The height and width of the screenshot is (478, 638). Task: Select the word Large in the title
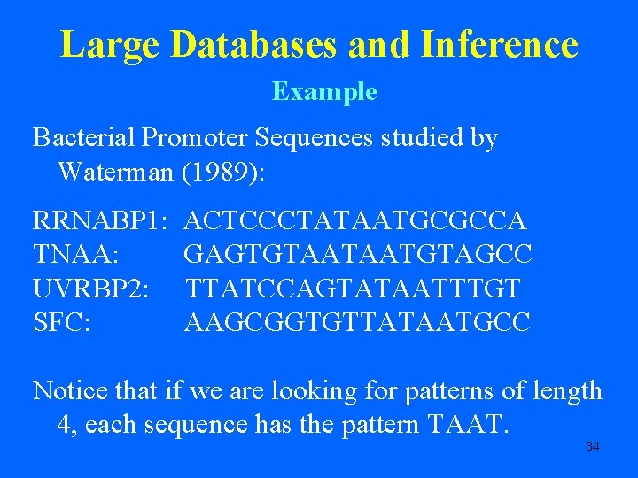point(108,44)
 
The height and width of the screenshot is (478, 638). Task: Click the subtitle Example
point(324,92)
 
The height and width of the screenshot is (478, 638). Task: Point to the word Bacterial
point(84,138)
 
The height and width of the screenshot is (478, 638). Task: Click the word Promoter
point(194,138)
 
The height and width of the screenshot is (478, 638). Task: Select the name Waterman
point(115,172)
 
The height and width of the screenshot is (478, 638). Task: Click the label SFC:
point(62,323)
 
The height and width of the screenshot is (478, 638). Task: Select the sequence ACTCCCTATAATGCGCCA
point(358,220)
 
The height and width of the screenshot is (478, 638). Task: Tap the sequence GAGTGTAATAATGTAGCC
point(358,254)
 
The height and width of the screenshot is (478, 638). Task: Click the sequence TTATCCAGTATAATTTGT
point(354,289)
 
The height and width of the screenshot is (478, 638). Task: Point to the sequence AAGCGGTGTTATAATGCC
point(357,323)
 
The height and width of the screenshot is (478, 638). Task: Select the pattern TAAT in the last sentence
point(467,425)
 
